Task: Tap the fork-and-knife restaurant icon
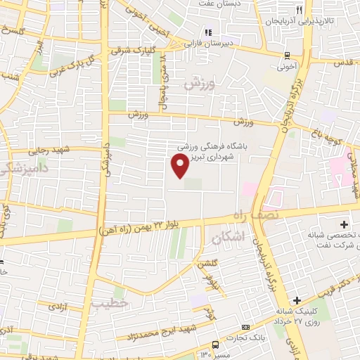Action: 300,10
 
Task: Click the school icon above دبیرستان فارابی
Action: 207,32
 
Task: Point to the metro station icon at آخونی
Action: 287,55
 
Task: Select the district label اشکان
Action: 230,238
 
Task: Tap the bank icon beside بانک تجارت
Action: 245,328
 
